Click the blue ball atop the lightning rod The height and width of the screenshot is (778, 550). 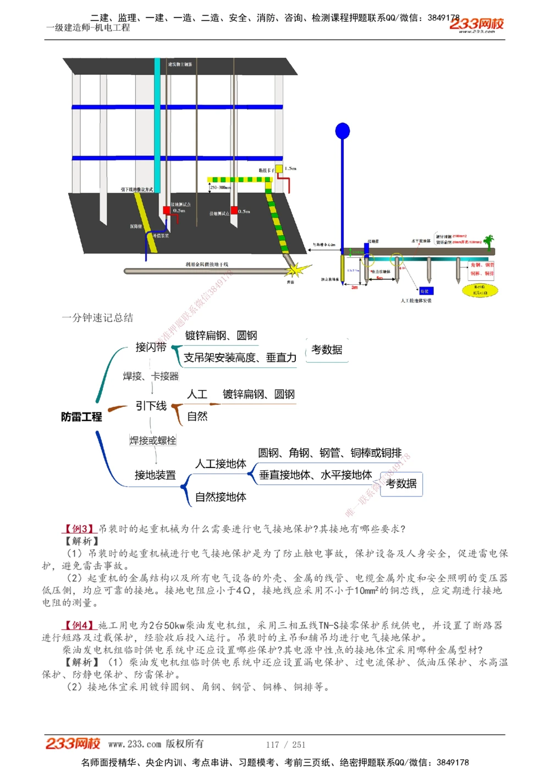coord(343,131)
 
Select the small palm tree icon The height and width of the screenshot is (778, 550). coord(488,241)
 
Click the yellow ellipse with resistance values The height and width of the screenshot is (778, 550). coord(479,290)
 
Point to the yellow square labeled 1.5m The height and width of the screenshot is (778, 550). coord(279,169)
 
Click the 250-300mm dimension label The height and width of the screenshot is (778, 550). coord(220,187)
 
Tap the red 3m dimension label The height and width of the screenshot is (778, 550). coord(355,287)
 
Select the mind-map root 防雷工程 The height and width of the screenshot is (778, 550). coord(81,417)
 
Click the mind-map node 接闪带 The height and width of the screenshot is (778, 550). coord(151,347)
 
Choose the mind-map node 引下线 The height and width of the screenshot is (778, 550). coord(151,406)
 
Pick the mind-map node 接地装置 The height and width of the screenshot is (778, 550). coord(155,475)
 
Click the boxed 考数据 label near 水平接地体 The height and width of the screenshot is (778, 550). coord(401,484)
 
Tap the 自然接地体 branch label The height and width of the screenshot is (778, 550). coord(221,497)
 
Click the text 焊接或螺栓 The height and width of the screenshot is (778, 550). coord(153,440)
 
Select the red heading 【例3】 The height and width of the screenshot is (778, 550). coord(80,529)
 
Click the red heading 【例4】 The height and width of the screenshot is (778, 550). coord(80,625)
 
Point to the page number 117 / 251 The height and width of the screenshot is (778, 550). coord(285,744)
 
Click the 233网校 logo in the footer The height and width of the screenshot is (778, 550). coord(73,744)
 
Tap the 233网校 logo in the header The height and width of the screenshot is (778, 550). coord(476,24)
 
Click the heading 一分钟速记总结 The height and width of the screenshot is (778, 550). coord(97,318)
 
